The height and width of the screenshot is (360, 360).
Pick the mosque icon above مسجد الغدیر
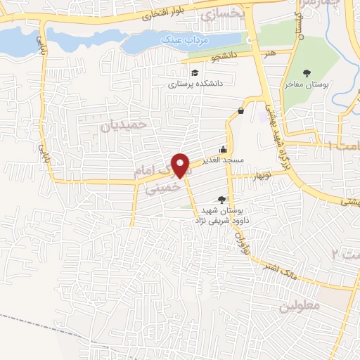[x=224, y=149]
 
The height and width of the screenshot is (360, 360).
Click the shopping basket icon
[x=241, y=110]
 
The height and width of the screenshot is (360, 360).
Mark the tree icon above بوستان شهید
[x=222, y=200]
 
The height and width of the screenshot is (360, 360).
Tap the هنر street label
[x=262, y=53]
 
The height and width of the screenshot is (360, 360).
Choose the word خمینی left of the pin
[x=153, y=188]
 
